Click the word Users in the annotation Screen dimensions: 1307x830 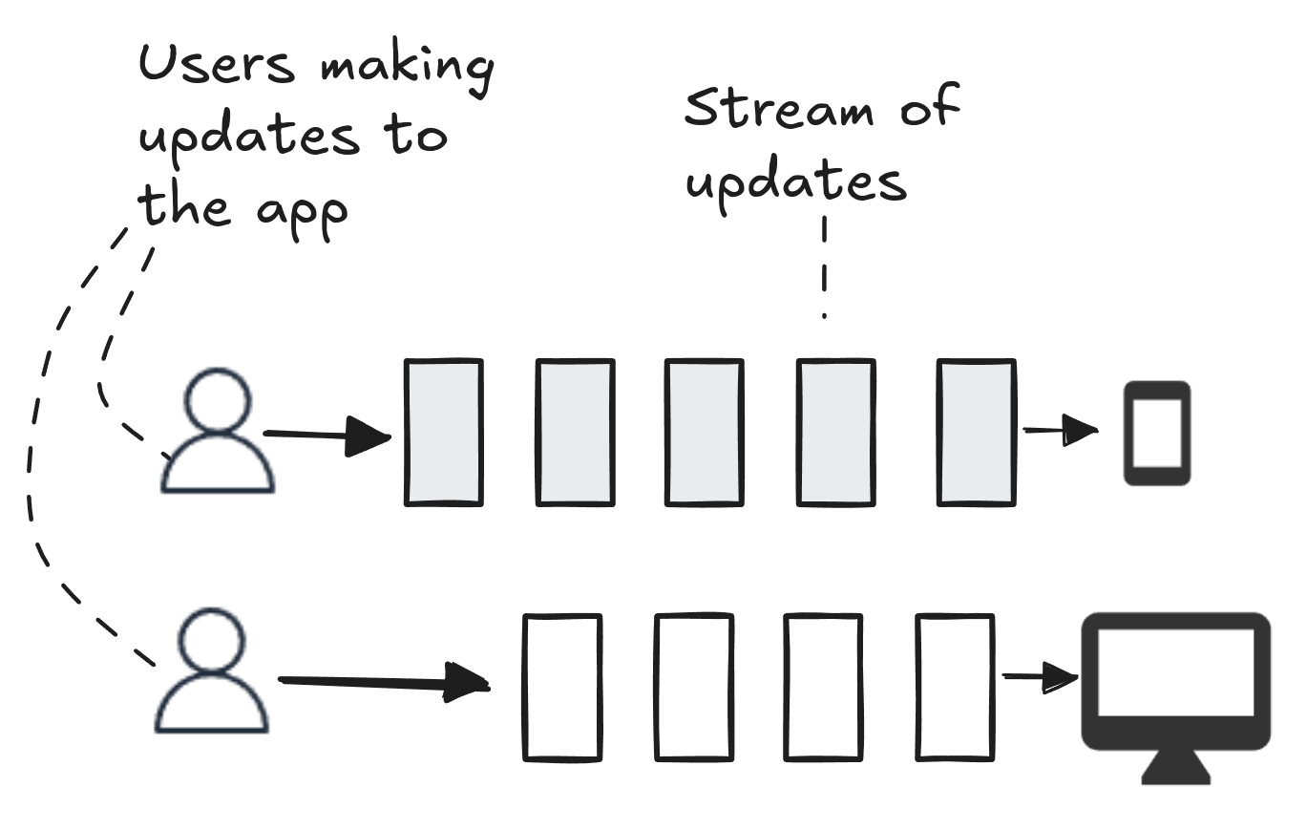[217, 63]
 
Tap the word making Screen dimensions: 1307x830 [408, 67]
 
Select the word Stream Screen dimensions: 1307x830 [779, 108]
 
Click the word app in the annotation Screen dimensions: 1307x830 [303, 217]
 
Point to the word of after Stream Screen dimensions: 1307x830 [930, 105]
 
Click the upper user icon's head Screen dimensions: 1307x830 [218, 400]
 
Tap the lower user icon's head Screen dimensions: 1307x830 [211, 640]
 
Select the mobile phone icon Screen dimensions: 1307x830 [1157, 433]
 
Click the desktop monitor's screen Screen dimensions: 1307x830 [1175, 672]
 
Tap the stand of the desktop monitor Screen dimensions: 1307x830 [1175, 767]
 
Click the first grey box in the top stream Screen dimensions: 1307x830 [443, 433]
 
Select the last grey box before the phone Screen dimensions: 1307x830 [976, 433]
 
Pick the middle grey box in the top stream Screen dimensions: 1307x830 [705, 433]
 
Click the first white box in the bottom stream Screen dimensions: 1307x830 [562, 688]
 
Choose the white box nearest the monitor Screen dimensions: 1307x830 [955, 688]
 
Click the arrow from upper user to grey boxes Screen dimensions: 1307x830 [327, 435]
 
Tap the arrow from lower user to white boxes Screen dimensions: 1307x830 [384, 681]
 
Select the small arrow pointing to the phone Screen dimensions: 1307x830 [1061, 430]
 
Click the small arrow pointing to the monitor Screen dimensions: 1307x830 [1041, 677]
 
